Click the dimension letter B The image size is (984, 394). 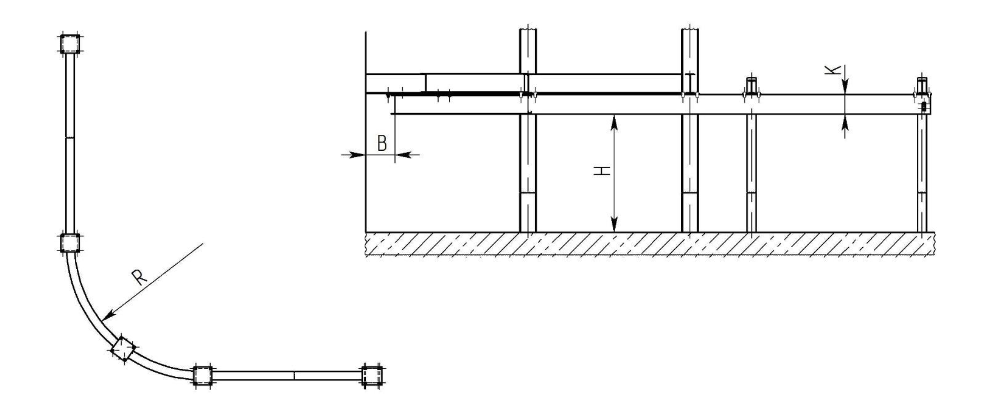pos(382,143)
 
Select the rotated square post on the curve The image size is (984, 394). pos(123,349)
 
